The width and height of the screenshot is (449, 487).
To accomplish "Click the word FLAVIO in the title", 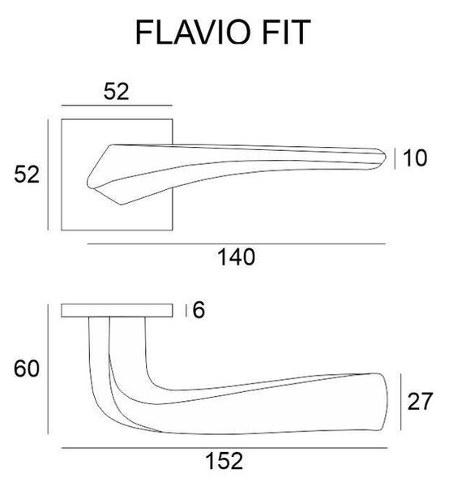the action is [193, 32].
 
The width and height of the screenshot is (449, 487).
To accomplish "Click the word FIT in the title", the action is [286, 32].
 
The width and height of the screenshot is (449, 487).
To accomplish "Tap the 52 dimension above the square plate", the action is [116, 91].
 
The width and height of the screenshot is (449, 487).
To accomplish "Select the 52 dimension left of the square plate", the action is [27, 175].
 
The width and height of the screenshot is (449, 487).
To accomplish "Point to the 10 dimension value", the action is [415, 157].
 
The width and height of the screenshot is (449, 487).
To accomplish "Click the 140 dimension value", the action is [237, 256].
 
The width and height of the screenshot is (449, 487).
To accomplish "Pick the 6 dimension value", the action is [199, 310].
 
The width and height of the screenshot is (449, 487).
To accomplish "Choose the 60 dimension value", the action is [27, 368].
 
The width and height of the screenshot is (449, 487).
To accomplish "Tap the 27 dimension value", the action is [420, 401].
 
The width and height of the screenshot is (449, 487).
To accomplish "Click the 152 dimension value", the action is [224, 461].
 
